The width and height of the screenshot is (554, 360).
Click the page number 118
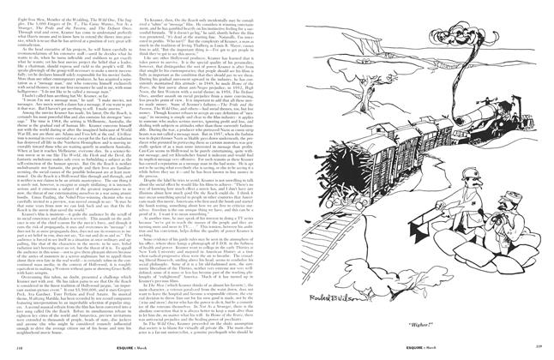click(x=11, y=350)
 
